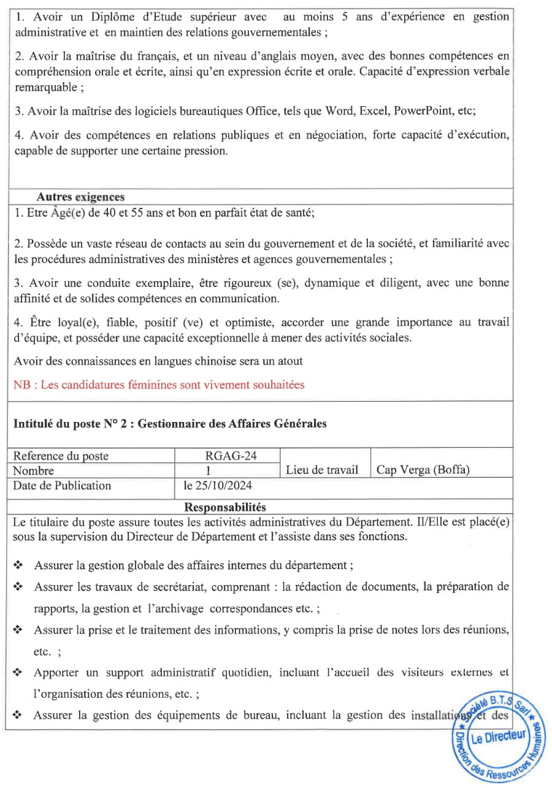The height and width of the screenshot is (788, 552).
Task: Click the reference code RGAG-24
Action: pos(226,456)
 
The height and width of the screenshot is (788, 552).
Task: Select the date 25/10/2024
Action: pos(218,486)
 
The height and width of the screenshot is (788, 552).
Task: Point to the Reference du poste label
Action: pos(61,456)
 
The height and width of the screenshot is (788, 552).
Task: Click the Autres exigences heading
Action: pos(80,197)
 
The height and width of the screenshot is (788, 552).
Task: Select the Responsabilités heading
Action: pos(225,507)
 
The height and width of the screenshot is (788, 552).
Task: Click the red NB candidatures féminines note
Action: pos(159,385)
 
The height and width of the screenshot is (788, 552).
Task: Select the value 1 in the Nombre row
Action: pos(209,471)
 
